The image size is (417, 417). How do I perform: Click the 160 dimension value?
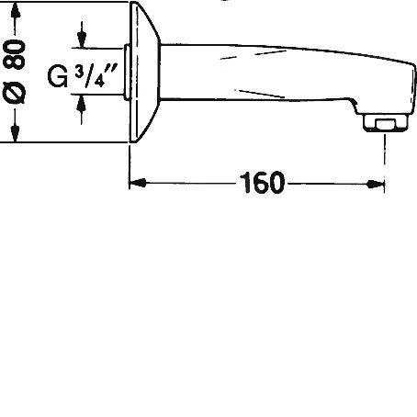262,183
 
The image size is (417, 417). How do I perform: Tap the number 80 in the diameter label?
15,54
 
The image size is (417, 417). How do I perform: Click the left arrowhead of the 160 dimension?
138,184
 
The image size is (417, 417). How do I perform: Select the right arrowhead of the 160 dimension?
376,184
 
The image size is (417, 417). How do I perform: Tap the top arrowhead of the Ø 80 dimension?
16,12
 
